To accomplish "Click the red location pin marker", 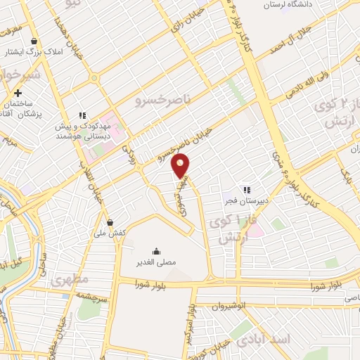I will pyautogui.click(x=181, y=166).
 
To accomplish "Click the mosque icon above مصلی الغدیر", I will pyautogui.click(x=156, y=251).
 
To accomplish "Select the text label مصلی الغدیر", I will pyautogui.click(x=156, y=264).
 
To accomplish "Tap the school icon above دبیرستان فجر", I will pyautogui.click(x=246, y=189).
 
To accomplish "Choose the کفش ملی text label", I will pyautogui.click(x=110, y=232).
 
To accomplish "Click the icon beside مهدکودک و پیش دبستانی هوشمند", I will pyautogui.click(x=82, y=115).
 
